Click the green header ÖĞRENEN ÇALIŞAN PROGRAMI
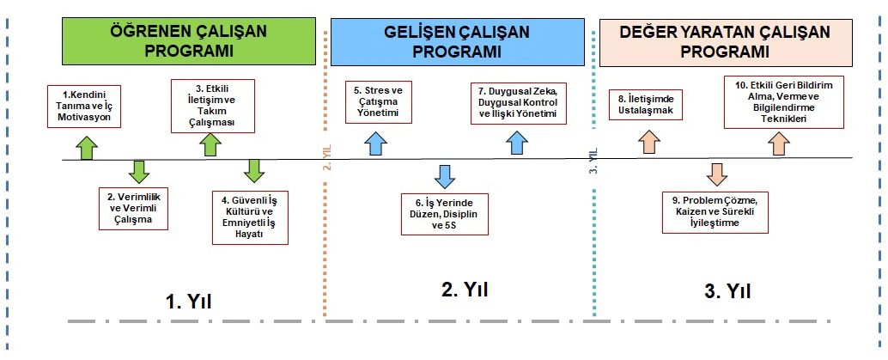point(189,40)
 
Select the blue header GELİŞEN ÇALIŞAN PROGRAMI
point(457,41)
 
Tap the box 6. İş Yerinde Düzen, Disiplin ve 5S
point(445,214)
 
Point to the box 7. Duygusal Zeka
point(518,102)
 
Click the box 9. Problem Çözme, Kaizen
point(715,211)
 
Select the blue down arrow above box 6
point(444,174)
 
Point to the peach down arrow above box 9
point(715,174)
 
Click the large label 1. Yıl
point(189,302)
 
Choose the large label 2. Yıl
point(465,290)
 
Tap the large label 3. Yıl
point(727,291)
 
